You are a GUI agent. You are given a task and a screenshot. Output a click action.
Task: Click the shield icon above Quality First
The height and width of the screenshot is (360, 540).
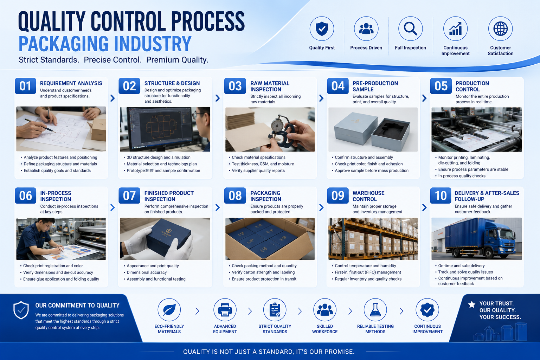(322, 29)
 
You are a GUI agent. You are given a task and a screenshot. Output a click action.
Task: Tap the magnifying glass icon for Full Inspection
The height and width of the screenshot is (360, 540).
(411, 29)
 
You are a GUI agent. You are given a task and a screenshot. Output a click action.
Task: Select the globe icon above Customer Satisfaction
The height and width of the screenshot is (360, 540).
(501, 29)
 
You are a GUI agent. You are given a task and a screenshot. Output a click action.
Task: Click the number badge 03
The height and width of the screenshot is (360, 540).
(235, 86)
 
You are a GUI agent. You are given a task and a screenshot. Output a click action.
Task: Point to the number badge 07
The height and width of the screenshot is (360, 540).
(129, 195)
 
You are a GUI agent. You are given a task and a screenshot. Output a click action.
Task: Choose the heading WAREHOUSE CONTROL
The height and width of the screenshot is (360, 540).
(368, 196)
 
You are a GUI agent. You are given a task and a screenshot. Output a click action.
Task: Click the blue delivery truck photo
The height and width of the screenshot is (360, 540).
(476, 239)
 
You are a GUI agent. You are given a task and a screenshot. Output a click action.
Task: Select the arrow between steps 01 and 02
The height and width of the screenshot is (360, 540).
(112, 98)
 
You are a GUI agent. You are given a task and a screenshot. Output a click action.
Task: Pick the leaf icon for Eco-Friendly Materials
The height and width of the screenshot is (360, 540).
(169, 310)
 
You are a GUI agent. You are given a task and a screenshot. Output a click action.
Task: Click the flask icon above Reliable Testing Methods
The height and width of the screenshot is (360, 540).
(375, 310)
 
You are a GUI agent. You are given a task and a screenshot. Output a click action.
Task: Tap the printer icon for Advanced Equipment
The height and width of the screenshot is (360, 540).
(225, 310)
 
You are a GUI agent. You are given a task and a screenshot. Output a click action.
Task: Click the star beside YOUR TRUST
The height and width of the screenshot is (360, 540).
(471, 304)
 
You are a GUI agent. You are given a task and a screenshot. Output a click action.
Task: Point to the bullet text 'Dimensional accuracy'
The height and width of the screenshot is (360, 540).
(147, 272)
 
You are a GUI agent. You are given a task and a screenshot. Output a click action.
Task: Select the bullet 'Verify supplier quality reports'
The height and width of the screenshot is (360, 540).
(258, 171)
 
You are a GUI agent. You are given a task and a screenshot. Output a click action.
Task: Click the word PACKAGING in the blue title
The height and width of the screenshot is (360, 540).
(64, 44)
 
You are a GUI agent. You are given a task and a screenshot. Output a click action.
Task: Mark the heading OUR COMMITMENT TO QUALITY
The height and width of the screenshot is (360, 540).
(77, 306)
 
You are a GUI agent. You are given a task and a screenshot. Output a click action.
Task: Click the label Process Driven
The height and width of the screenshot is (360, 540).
(366, 48)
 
